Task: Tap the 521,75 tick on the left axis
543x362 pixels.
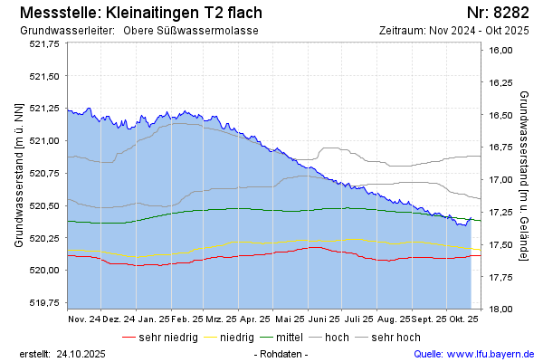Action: (43, 43)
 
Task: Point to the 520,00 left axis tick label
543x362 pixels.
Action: (43, 270)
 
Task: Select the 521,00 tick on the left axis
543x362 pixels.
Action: (43, 140)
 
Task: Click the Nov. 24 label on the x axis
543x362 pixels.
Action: (84, 319)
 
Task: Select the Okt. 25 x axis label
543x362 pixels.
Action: (463, 319)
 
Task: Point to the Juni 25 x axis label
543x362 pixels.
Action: (321, 319)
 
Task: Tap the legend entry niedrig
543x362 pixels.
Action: (236, 337)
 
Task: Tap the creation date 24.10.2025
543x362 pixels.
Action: (81, 353)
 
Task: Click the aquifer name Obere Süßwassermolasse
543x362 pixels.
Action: (197, 31)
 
